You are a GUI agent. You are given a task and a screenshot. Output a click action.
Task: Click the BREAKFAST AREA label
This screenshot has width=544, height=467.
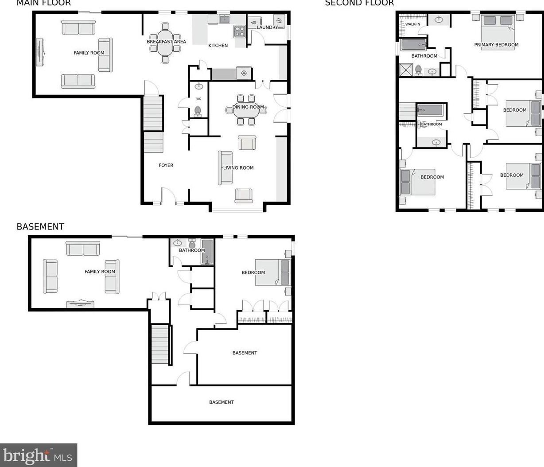[x=166, y=42]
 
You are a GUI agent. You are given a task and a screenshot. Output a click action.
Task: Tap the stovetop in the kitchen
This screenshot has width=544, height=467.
[x=240, y=31]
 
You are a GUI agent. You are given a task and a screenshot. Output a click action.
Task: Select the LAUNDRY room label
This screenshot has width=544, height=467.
[x=267, y=27]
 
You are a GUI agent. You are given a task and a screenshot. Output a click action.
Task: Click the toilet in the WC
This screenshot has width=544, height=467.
[x=198, y=110]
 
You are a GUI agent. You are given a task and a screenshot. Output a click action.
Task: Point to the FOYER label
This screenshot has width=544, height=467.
[x=166, y=165]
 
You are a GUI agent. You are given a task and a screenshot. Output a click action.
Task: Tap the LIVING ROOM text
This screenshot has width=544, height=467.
[x=238, y=168]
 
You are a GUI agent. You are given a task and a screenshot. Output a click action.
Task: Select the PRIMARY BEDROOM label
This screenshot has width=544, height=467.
[x=496, y=45]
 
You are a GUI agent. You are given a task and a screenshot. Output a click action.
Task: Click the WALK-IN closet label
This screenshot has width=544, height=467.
[x=412, y=24]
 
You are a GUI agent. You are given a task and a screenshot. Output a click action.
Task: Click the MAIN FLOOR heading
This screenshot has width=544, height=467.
[x=43, y=3]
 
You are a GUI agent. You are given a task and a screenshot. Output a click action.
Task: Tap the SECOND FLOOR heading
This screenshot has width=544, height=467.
[x=359, y=3]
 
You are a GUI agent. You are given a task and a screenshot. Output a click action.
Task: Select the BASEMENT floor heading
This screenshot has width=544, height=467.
[x=40, y=226]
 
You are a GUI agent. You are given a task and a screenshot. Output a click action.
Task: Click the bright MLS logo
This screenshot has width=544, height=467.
[x=39, y=455]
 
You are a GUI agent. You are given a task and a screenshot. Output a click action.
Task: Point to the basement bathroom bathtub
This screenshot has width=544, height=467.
[x=207, y=252]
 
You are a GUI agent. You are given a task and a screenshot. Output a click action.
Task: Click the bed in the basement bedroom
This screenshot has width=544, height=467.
[x=272, y=272]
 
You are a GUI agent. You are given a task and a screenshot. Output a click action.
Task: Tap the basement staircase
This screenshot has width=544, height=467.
[x=160, y=344]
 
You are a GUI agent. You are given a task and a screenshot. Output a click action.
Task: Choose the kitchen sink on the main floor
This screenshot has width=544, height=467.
[x=225, y=19]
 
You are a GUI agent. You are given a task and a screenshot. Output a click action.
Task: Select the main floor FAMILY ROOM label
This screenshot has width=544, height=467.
[x=89, y=53]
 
